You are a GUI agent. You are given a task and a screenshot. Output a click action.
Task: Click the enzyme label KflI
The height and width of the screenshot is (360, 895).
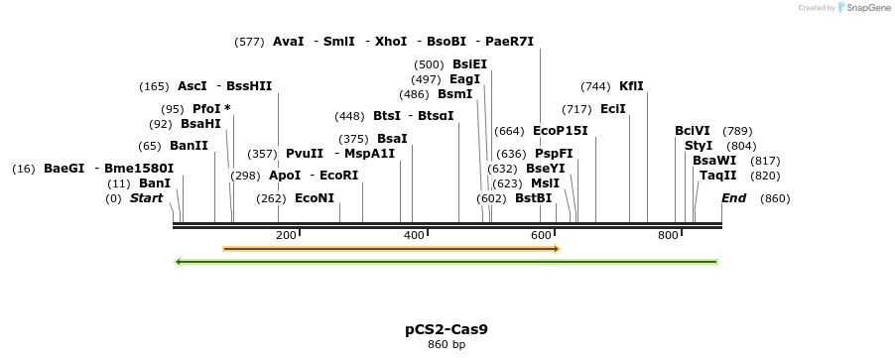coord(631,86)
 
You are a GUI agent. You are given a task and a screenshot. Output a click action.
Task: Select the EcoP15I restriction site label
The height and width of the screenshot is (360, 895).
coord(560,131)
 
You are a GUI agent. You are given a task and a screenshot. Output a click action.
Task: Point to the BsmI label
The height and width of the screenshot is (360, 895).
coord(454,94)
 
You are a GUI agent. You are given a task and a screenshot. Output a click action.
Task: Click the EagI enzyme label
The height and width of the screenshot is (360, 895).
coord(464,79)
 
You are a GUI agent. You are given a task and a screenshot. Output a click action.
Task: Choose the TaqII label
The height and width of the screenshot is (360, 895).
coord(717,176)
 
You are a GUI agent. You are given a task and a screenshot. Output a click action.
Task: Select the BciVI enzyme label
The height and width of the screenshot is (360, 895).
coord(693,131)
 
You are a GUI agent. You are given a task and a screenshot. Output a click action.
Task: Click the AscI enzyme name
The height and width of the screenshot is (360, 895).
coord(192,86)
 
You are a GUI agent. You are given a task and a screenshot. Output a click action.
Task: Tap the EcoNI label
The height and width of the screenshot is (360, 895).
coord(315,198)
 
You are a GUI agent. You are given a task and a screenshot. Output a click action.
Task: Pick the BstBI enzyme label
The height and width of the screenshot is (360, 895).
coord(533,198)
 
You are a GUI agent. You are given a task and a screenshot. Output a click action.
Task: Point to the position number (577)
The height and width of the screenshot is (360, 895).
coord(249,42)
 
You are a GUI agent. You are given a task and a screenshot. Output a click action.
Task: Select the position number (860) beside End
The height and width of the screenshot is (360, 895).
coord(775,198)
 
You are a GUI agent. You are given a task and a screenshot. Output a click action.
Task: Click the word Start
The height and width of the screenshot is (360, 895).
coord(146,198)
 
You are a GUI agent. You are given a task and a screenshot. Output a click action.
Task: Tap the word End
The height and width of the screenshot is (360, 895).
coord(733,198)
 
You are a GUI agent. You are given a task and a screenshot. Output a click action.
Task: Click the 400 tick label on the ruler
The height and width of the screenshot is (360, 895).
coord(413,235)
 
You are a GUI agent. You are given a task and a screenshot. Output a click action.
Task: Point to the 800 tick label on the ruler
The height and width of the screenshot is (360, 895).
coord(668,235)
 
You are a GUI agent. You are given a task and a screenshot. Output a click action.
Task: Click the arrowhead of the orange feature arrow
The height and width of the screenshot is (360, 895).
coord(557,248)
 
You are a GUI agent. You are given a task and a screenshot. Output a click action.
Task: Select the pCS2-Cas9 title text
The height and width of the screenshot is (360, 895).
coord(446,328)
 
